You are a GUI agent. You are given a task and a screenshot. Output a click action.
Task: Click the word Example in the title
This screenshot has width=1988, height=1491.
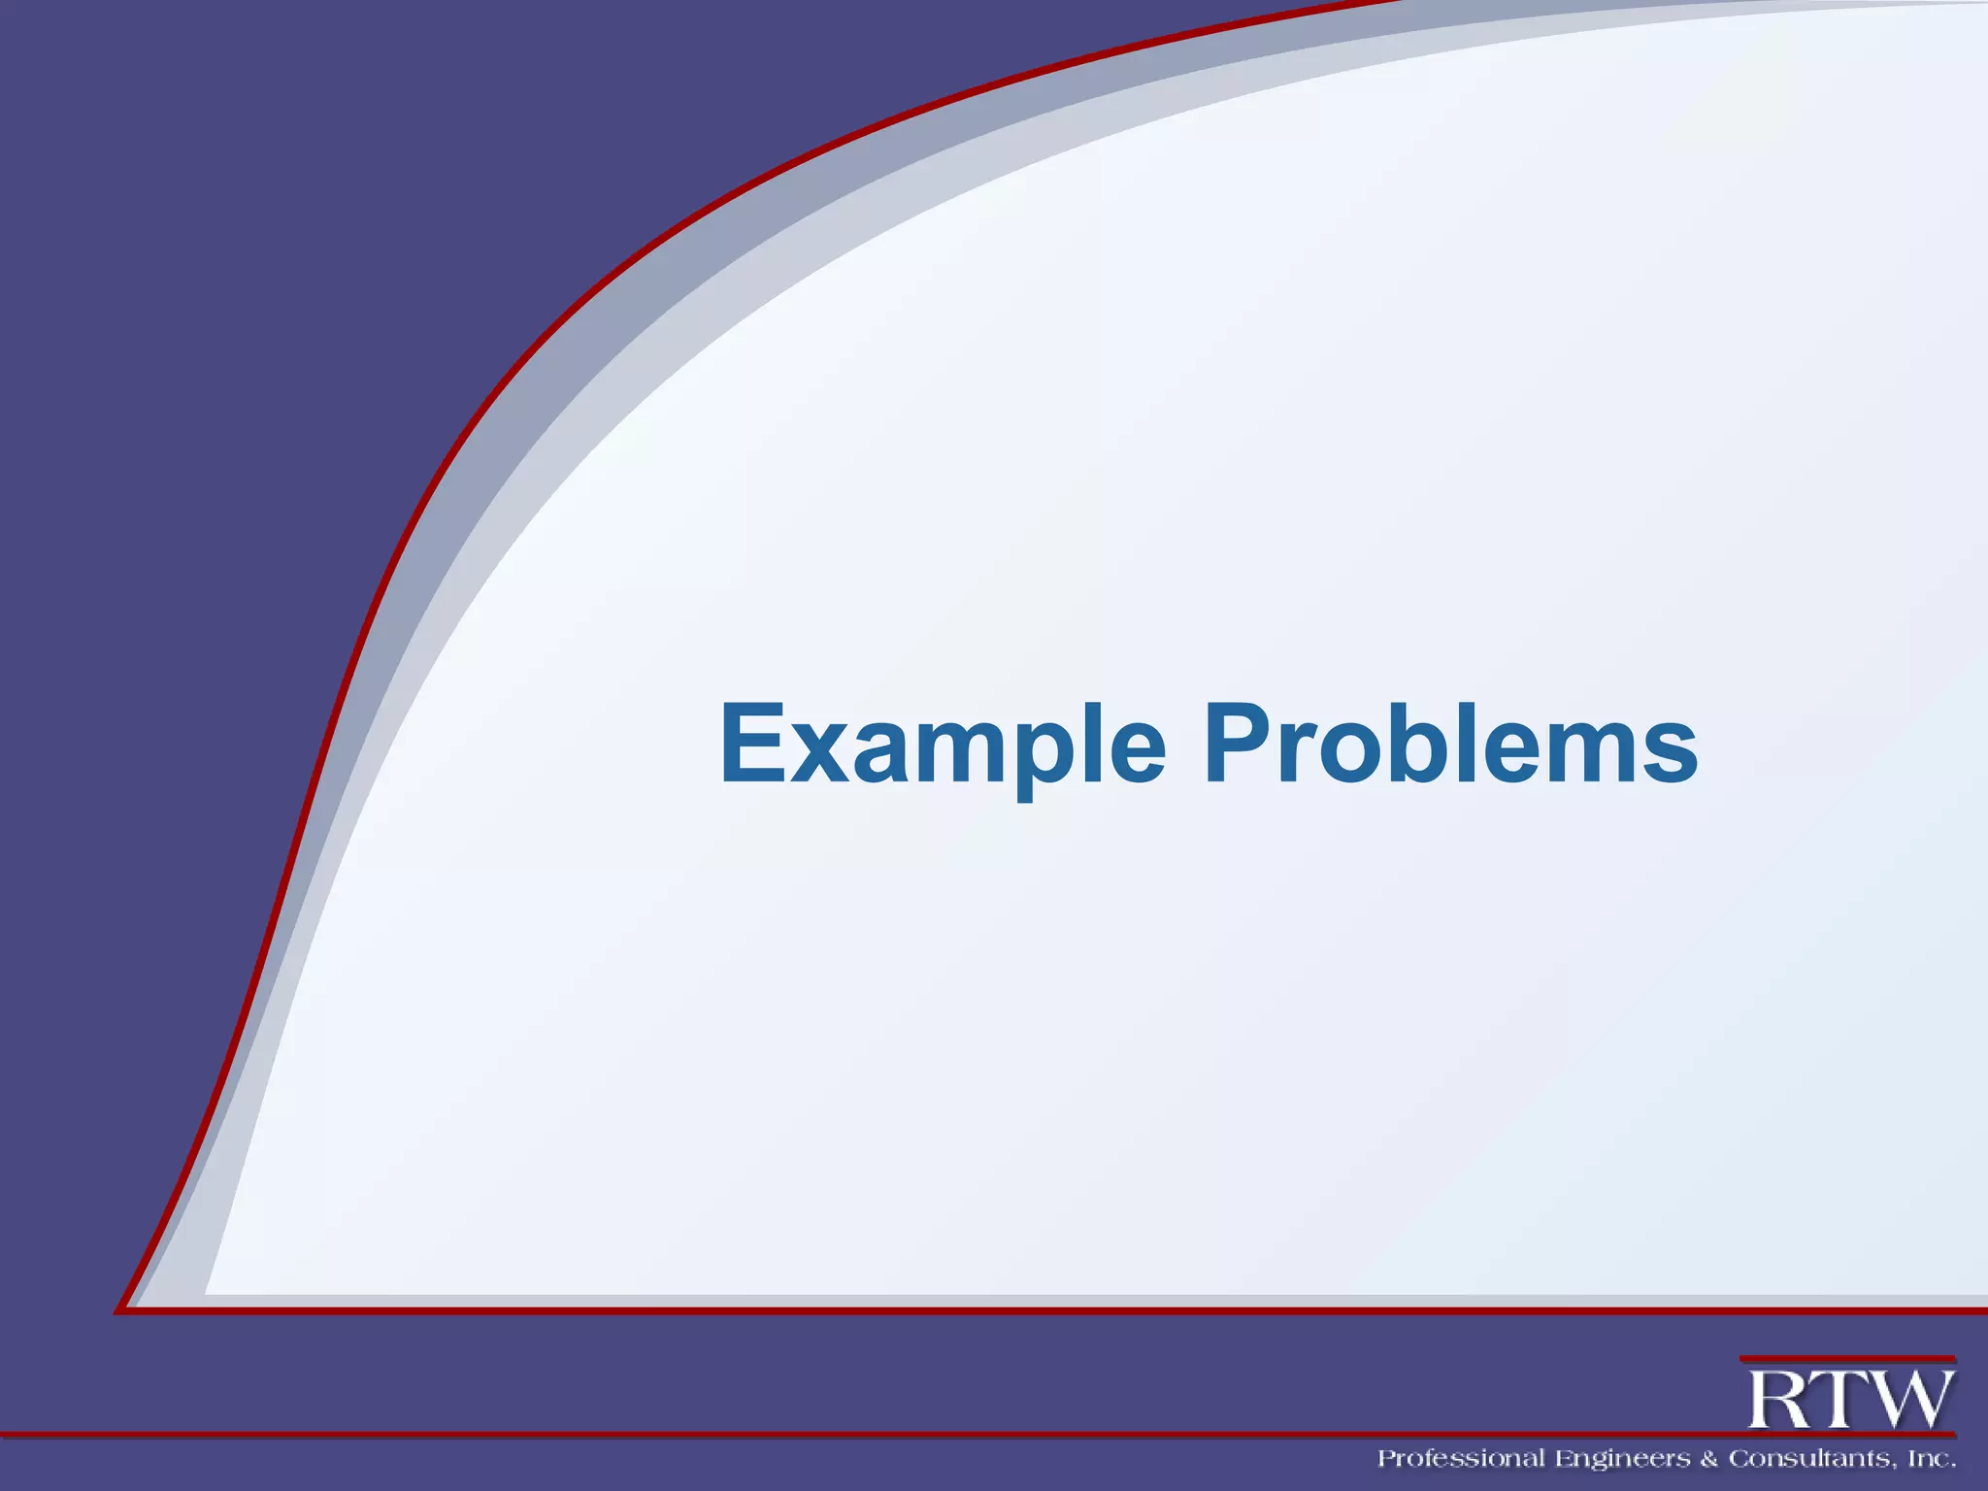click(x=942, y=745)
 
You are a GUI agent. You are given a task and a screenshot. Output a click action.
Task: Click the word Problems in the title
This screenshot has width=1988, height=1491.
click(x=1450, y=745)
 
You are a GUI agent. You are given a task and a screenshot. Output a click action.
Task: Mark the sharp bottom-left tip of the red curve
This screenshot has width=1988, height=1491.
click(x=118, y=1311)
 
